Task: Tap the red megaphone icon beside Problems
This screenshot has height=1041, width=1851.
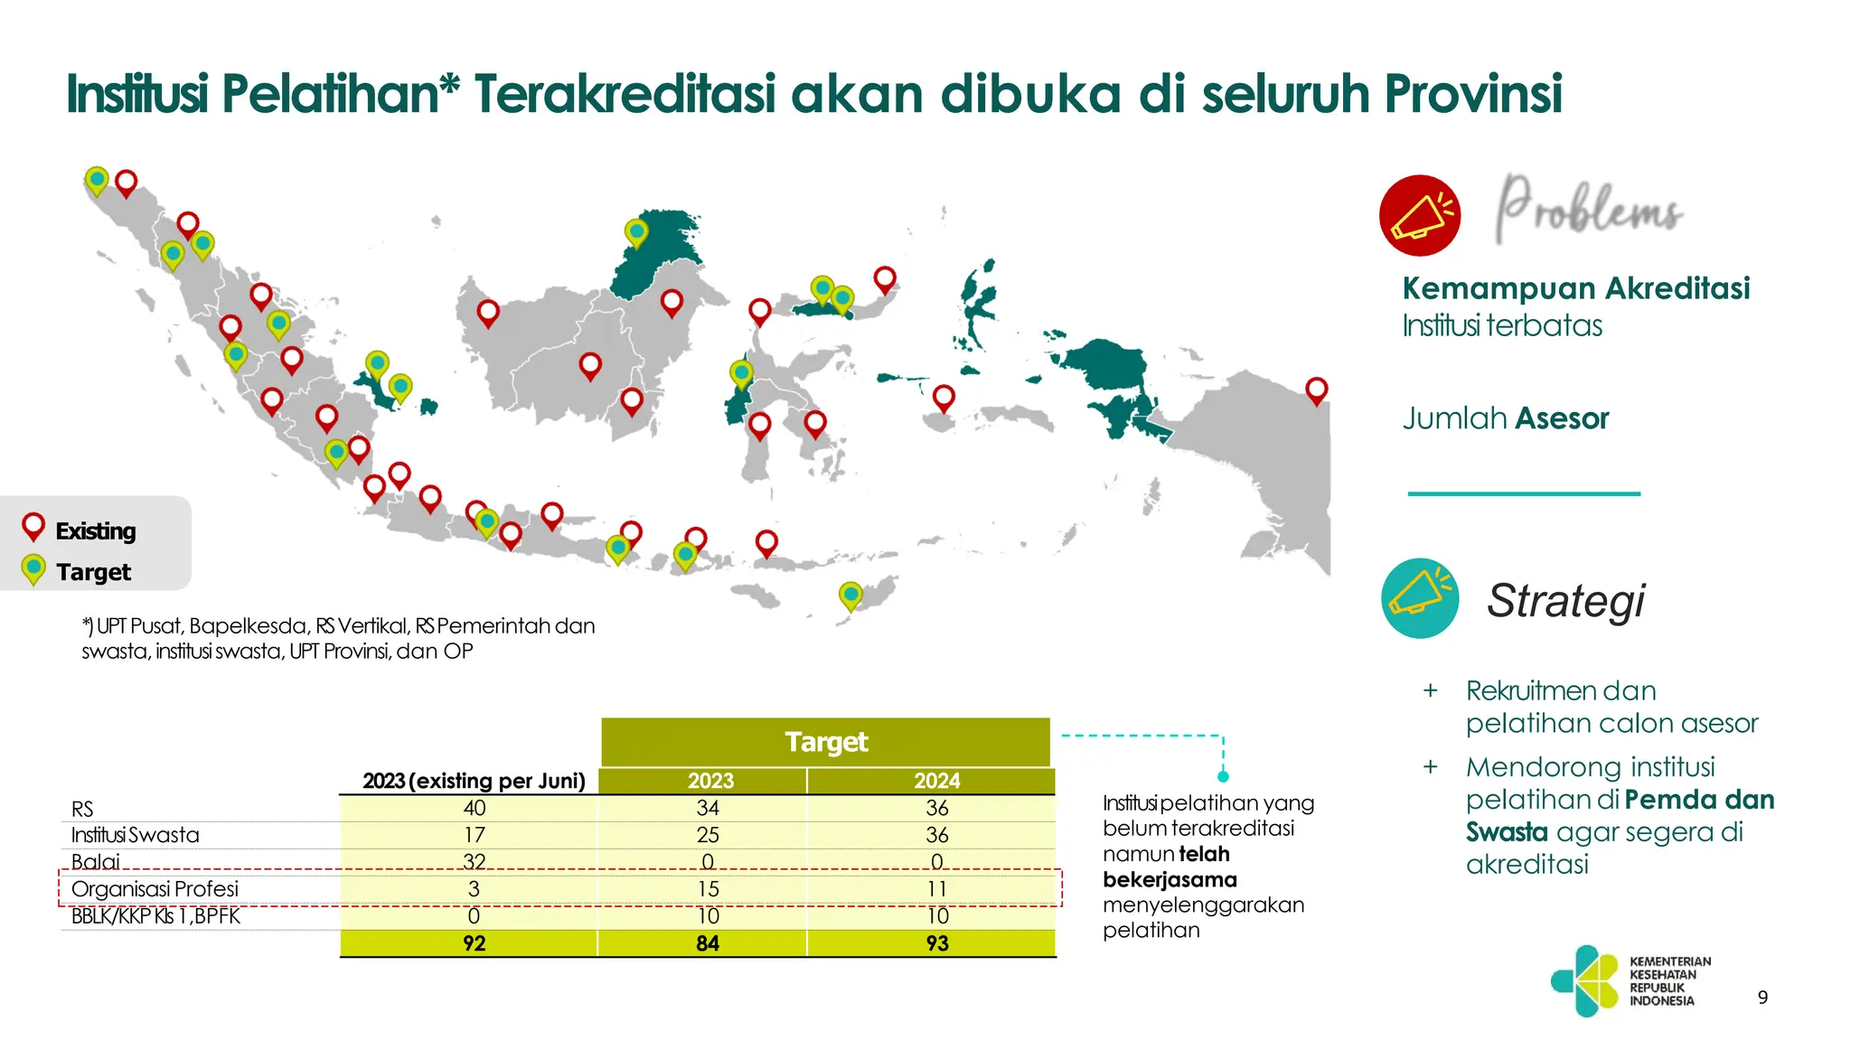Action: [x=1420, y=215]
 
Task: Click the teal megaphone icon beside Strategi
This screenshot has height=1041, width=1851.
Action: [x=1420, y=598]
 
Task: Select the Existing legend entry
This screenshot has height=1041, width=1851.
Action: [x=95, y=530]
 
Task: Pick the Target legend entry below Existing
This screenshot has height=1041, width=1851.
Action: [x=93, y=572]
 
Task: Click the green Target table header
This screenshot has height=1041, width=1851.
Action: [x=825, y=742]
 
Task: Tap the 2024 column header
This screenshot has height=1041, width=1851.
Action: [x=936, y=781]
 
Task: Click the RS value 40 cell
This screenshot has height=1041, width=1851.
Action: [x=474, y=808]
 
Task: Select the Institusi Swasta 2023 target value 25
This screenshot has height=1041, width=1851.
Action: [x=708, y=835]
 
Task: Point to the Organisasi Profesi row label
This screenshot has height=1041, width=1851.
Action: [x=155, y=889]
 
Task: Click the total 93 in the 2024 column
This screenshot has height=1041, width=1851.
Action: [x=937, y=943]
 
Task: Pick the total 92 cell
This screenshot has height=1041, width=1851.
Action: [x=474, y=943]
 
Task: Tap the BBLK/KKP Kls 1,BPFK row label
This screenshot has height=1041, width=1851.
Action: [x=155, y=916]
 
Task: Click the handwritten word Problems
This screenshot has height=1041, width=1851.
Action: [x=1588, y=210]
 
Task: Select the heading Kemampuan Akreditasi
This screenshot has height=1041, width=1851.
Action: [x=1575, y=288]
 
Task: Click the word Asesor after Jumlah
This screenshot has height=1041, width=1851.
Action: [x=1562, y=418]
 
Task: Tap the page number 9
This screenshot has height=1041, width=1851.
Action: [x=1762, y=998]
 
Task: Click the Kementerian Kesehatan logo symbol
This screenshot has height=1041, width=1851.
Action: [x=1584, y=980]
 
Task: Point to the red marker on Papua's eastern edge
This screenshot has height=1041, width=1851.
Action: [x=1317, y=390]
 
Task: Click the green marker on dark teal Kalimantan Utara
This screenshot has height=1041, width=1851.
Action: [x=636, y=232]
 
